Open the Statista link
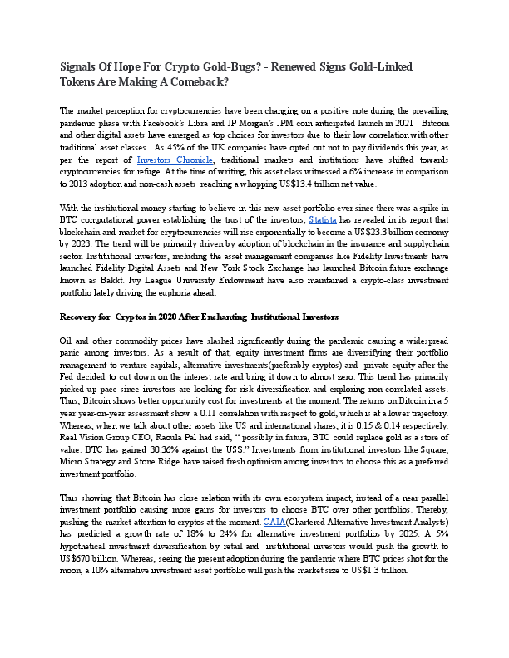323,219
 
